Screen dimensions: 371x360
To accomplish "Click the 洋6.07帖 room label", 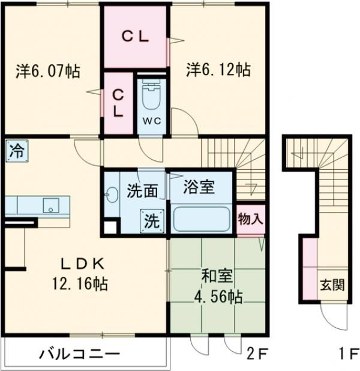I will click(47, 71).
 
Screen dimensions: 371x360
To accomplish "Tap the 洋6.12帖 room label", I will click(218, 70).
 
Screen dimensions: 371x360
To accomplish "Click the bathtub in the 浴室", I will click(202, 219).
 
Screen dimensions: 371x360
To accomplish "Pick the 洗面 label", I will click(142, 192).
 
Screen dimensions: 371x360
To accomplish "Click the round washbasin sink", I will click(112, 195).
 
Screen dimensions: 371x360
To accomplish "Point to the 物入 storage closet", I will click(251, 219).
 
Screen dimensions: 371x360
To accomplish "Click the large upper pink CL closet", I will click(136, 37).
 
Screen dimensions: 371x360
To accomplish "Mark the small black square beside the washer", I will click(110, 226).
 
